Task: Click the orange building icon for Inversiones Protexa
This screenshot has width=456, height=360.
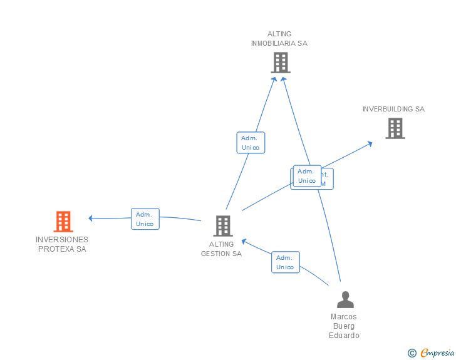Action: (63, 222)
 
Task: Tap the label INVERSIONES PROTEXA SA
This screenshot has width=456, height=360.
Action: (62, 244)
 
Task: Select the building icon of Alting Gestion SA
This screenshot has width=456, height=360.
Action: (222, 226)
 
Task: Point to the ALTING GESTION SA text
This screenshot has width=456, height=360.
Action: (221, 249)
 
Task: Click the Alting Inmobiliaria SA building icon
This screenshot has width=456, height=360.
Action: (280, 63)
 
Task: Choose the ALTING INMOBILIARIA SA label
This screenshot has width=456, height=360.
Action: (279, 39)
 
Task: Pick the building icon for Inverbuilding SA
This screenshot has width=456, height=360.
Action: (395, 128)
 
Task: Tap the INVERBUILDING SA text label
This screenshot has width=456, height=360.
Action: (393, 109)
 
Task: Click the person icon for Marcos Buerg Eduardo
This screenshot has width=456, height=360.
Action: (345, 300)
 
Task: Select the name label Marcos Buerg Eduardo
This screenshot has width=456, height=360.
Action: (344, 326)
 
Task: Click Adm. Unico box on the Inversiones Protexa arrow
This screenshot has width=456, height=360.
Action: (145, 219)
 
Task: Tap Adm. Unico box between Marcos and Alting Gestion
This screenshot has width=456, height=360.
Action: (285, 262)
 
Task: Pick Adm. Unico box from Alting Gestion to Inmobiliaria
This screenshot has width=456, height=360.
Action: (251, 143)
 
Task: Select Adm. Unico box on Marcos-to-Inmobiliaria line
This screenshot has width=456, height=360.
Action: (306, 176)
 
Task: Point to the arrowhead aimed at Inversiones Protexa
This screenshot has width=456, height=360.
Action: (91, 219)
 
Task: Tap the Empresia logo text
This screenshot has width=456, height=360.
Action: (437, 353)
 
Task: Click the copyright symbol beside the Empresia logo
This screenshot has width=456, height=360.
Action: (412, 353)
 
